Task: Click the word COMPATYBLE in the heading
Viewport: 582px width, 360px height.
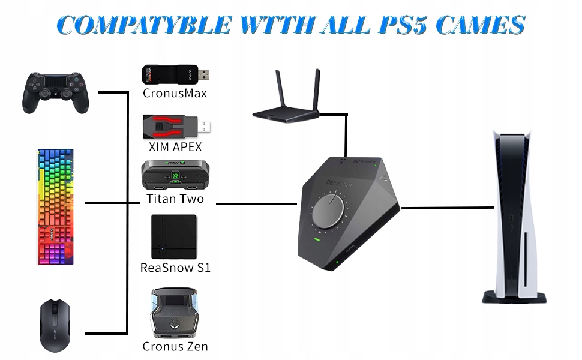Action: click(145, 25)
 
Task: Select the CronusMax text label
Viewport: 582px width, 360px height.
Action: click(175, 93)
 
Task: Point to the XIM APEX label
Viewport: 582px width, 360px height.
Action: click(175, 146)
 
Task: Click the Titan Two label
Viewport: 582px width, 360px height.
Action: click(175, 199)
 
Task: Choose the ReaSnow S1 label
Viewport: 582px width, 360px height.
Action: click(175, 268)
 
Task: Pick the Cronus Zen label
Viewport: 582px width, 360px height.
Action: click(175, 346)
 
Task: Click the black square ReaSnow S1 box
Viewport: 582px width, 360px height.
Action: click(174, 236)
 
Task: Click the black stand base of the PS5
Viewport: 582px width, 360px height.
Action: click(515, 297)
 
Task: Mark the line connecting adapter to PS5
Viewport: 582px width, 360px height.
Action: click(448, 208)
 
